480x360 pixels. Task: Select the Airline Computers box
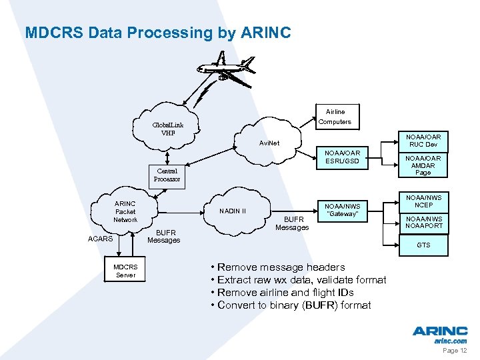335,117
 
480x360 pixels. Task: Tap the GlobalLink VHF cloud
167,129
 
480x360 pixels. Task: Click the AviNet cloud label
269,143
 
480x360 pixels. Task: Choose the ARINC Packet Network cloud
125,211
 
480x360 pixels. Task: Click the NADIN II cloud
234,211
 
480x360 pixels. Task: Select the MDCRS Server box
125,271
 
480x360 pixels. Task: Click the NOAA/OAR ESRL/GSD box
342,157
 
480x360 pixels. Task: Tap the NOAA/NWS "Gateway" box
342,210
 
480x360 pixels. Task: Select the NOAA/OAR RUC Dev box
423,141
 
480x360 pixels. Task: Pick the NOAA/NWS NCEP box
423,201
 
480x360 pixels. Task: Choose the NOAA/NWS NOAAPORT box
423,222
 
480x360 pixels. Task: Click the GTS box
423,245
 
